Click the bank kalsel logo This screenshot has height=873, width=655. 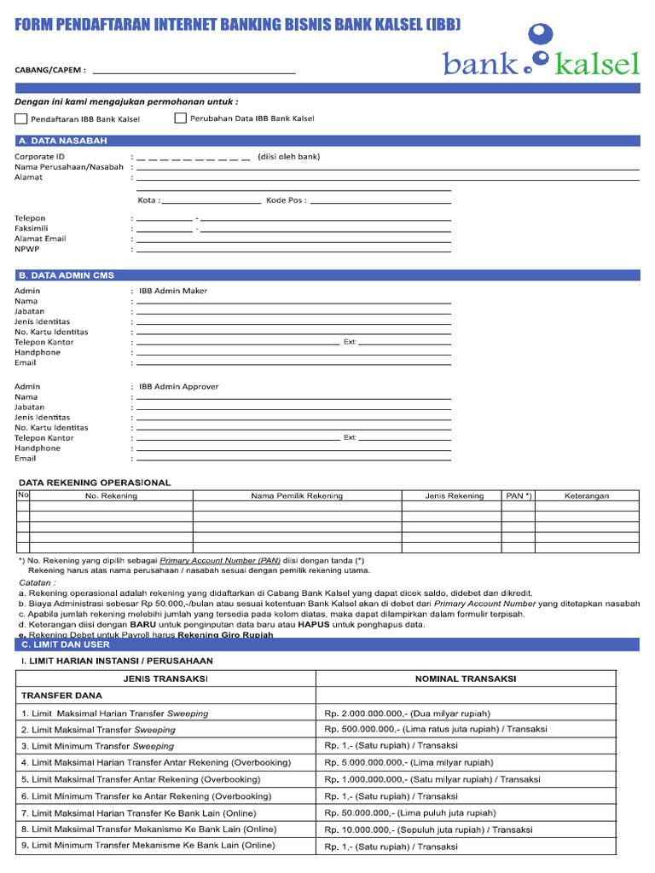[541, 53]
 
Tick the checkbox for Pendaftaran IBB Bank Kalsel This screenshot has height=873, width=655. [21, 119]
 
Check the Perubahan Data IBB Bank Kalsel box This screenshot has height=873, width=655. [180, 119]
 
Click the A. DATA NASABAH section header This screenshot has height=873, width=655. [63, 141]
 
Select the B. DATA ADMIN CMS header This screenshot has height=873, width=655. [67, 275]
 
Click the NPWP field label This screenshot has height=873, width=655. [26, 249]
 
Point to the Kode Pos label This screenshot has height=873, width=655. [286, 200]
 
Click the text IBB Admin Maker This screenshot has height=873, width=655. [173, 291]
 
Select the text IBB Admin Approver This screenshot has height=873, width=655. [179, 386]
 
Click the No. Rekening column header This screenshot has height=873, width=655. [111, 495]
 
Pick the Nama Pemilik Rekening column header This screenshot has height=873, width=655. [297, 495]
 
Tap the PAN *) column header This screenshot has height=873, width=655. [518, 495]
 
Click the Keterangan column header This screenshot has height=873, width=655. [587, 495]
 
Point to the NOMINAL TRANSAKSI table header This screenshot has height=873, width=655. [465, 679]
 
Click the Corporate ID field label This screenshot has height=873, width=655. [39, 157]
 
